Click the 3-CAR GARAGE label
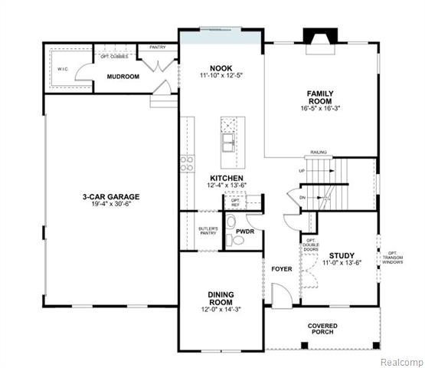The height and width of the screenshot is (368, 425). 111,196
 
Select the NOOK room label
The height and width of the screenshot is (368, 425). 221,67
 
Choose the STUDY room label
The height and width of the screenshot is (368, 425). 342,255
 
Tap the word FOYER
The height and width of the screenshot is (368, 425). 282,270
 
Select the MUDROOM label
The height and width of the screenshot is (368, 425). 123,77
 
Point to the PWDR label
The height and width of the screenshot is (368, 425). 245,230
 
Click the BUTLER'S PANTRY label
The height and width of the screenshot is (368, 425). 208,232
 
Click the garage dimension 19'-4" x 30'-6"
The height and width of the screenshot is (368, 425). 111,205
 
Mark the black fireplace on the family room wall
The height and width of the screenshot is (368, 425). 315,37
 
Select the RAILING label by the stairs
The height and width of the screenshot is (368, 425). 319,153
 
